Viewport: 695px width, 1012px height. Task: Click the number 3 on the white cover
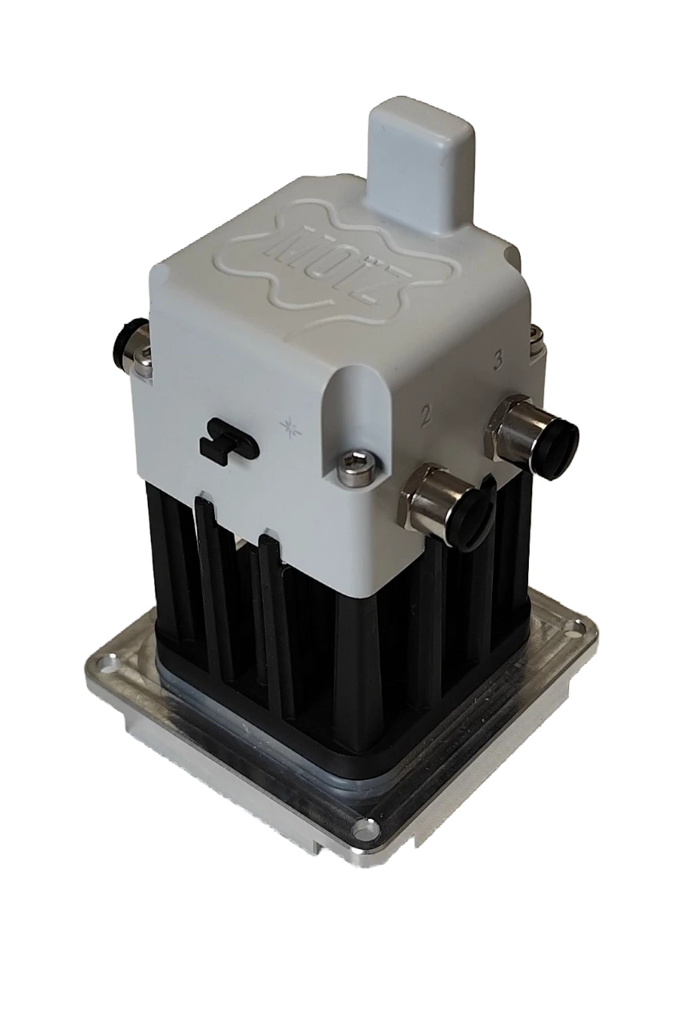[x=498, y=361]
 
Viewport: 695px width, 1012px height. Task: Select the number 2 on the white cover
[x=427, y=414]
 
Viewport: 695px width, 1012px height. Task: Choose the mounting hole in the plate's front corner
[x=366, y=832]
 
